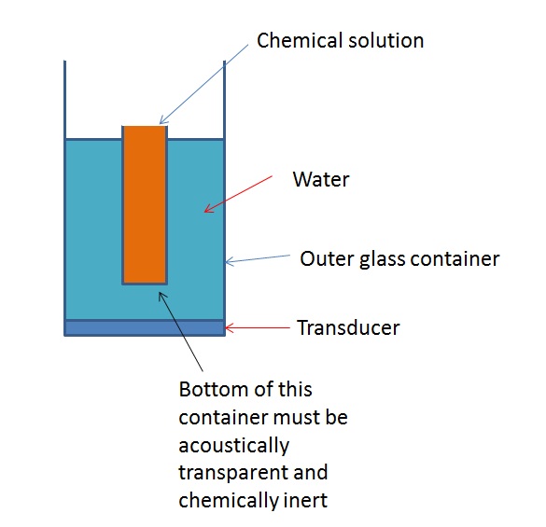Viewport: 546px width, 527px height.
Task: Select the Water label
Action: click(x=321, y=179)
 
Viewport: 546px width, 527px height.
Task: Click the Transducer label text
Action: click(x=348, y=327)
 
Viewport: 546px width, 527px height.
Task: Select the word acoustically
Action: click(x=234, y=446)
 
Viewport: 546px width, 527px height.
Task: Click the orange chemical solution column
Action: click(x=145, y=204)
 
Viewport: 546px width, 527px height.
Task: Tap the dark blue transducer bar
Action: click(x=145, y=328)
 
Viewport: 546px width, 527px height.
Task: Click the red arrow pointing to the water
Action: click(x=238, y=194)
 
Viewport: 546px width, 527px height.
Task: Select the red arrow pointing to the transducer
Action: click(x=258, y=327)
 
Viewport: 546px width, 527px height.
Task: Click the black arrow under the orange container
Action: click(x=181, y=331)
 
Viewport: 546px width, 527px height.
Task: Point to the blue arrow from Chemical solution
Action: click(x=203, y=84)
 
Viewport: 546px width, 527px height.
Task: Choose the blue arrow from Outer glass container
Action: click(x=258, y=260)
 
